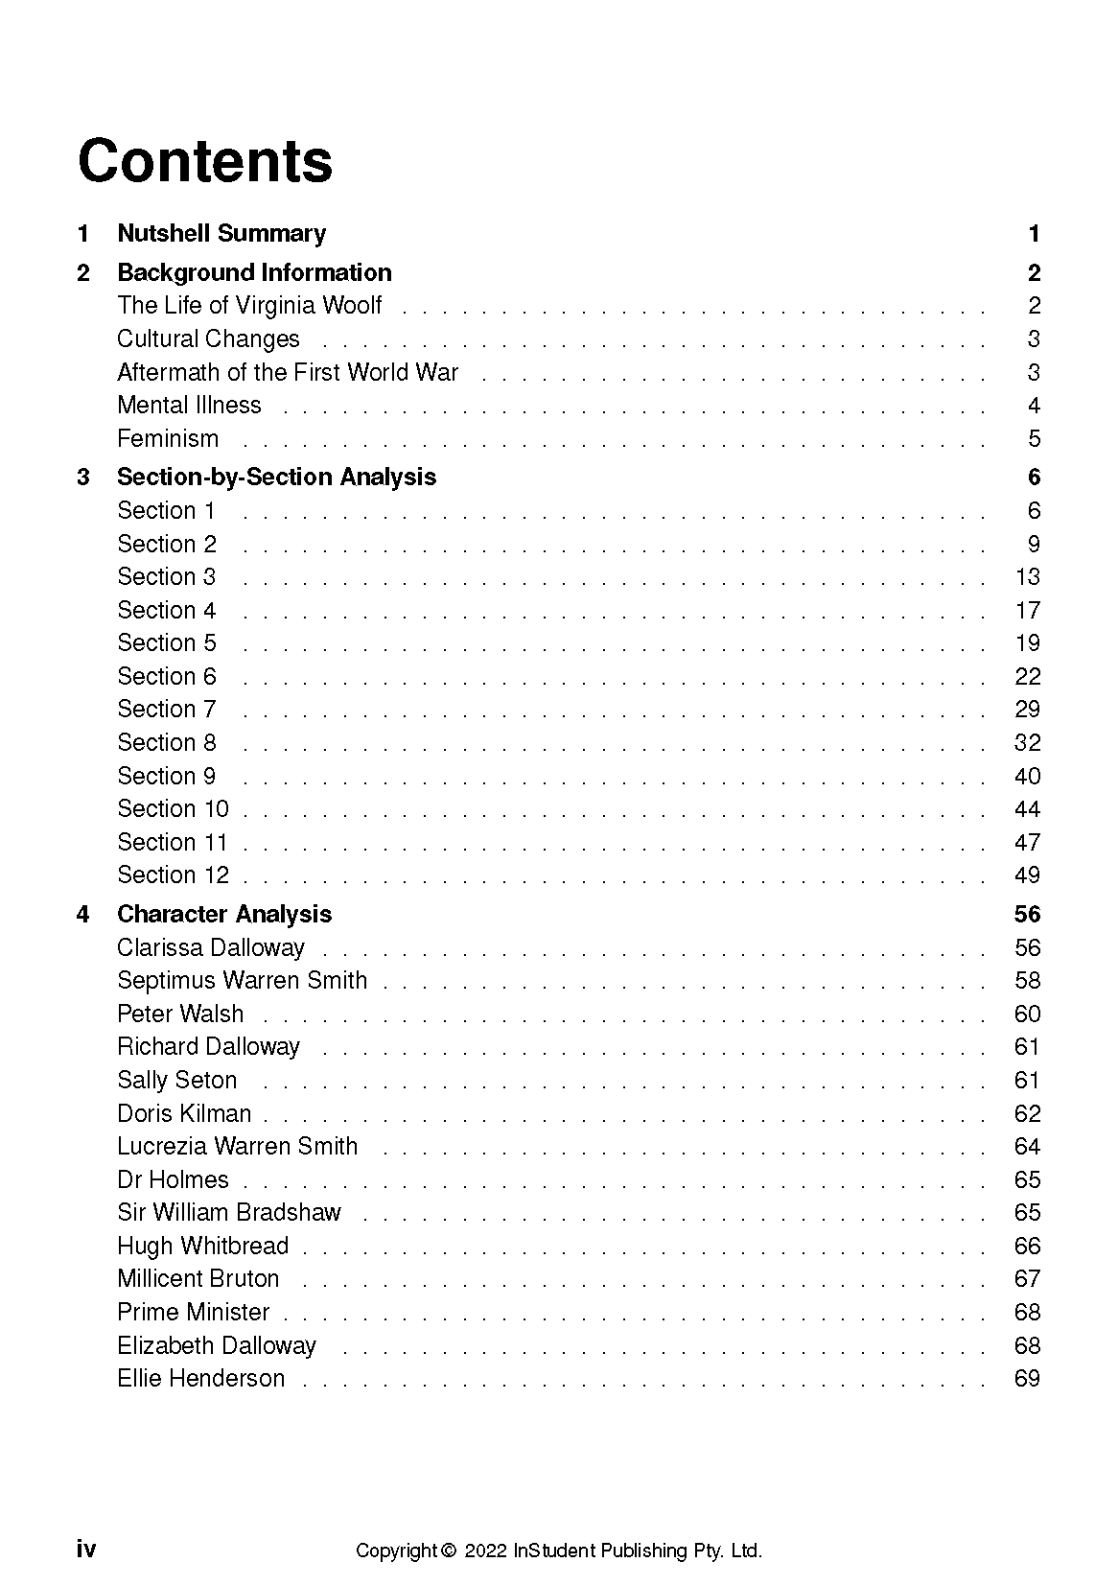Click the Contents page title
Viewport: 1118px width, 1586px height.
205,161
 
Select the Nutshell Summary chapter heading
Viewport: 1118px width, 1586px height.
221,233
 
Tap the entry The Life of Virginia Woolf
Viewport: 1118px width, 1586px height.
249,305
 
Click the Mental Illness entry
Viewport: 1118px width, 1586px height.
189,405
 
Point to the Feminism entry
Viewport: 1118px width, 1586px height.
168,438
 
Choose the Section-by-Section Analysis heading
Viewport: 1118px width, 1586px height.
276,477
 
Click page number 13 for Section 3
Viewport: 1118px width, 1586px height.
1027,576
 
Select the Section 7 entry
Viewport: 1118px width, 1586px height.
167,709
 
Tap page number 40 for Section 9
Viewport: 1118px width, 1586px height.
1027,776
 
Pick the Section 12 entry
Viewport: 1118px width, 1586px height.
173,875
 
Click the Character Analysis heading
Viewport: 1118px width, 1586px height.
224,914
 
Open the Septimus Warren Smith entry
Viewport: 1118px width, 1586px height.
242,980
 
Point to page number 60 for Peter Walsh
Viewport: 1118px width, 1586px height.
1027,1014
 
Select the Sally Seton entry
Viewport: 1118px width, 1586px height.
176,1080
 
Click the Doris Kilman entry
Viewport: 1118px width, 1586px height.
184,1113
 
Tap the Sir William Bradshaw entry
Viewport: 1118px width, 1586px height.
228,1212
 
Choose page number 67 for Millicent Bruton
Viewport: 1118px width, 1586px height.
1027,1278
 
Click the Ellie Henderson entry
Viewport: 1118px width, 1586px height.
200,1378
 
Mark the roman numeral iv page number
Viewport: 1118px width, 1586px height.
86,1550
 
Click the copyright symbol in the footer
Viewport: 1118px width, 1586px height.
448,1551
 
